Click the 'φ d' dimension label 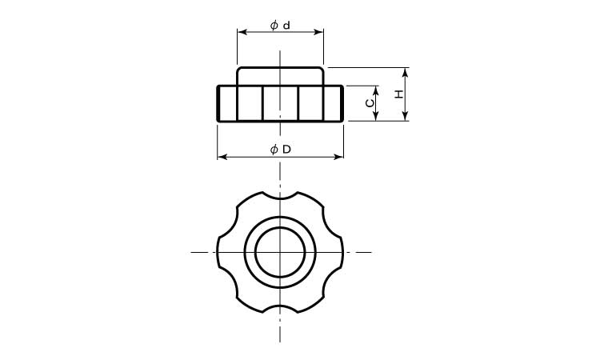coord(280,26)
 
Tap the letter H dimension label coord(398,94)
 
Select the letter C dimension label coord(369,103)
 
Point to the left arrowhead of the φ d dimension coord(241,33)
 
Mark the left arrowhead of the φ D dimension coord(222,157)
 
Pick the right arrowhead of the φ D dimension coord(339,157)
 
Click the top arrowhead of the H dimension coord(406,72)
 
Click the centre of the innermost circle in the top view coord(280,252)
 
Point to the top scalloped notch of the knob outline coord(280,196)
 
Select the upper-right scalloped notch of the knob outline coord(329,223)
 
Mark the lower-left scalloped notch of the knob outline coord(231,281)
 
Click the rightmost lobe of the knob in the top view coord(342,252)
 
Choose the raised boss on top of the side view coord(280,76)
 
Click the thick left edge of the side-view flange coord(219,103)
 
